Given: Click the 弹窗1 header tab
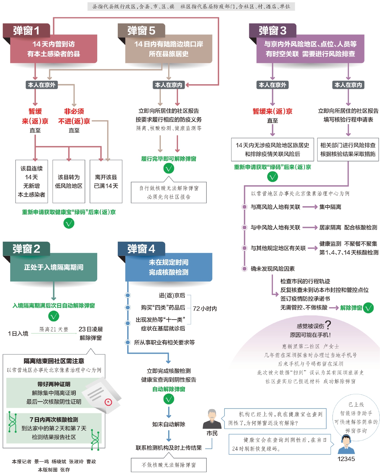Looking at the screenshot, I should (x=26, y=30).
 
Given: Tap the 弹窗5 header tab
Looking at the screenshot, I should (x=141, y=30).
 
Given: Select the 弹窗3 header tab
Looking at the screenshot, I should (x=272, y=30).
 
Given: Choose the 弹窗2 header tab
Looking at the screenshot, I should (x=26, y=249).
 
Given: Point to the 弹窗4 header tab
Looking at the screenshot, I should (x=141, y=249).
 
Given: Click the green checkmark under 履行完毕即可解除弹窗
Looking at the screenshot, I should (x=169, y=168).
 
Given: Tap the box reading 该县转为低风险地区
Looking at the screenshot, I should (x=69, y=181).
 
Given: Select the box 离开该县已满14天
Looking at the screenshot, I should (x=106, y=181).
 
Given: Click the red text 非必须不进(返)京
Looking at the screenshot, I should (x=74, y=116).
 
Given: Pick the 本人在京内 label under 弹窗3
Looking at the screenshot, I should (x=348, y=85).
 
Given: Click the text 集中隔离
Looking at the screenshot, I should (x=330, y=207).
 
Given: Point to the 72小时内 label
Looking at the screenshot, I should (x=205, y=308).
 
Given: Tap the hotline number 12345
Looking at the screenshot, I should (x=346, y=459).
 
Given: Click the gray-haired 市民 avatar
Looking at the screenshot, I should (x=212, y=419).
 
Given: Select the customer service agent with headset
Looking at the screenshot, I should (x=346, y=444).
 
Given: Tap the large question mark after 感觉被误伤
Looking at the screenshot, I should (x=328, y=325).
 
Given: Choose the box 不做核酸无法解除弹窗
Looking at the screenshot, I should (x=169, y=465).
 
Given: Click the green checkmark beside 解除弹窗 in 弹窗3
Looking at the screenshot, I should (x=368, y=307).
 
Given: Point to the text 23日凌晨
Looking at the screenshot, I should (x=91, y=329).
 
